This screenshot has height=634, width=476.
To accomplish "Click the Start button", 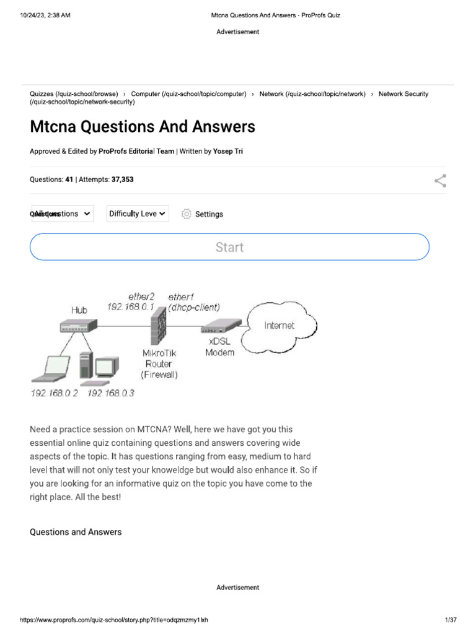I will pos(229,247).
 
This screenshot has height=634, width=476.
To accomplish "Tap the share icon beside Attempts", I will pos(440,181).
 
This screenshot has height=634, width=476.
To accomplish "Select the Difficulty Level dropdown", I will pos(137,214).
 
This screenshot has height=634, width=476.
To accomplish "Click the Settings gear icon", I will pos(186,214).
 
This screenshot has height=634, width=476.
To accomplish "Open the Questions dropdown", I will pos(62,214).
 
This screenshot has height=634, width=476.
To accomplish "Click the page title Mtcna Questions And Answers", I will pos(142,127).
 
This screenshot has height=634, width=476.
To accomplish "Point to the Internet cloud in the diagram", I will pos(279,326).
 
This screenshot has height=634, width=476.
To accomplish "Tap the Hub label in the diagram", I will pos(79,310).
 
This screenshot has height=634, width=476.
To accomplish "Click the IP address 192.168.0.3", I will pos(111,394).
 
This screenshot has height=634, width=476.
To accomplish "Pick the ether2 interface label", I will pos(141,296).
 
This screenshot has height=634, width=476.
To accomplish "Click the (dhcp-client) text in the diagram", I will pos(194,307).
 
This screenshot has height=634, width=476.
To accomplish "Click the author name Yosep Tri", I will pos(228,151).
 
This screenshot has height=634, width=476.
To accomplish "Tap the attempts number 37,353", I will pos(122,180).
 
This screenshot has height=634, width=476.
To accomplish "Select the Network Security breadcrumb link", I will pos(403,94).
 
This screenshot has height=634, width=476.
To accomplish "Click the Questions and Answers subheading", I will pos(76,532).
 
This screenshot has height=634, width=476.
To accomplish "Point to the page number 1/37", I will pos(451,620).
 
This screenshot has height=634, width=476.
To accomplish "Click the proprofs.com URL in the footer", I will pos(115,620).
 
